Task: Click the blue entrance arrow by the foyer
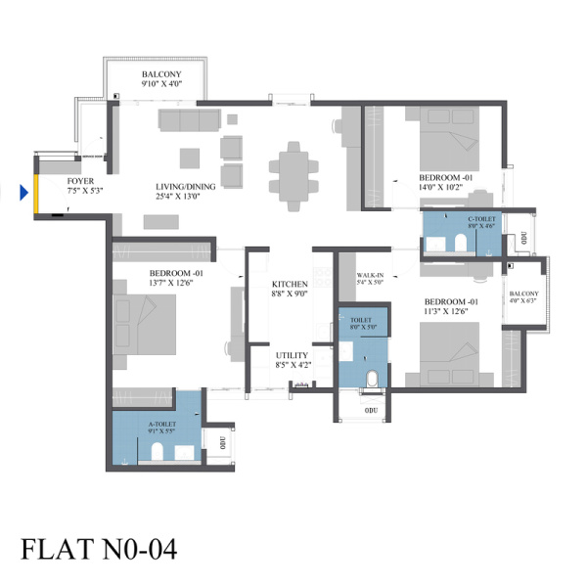click(x=23, y=193)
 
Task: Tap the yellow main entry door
click(x=36, y=194)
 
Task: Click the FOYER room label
click(x=80, y=181)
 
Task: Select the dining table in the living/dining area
click(x=293, y=176)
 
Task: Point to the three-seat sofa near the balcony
click(x=190, y=120)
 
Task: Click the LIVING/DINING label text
click(x=186, y=187)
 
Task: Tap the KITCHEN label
click(x=290, y=284)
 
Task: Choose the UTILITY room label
click(x=292, y=355)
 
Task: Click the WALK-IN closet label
click(x=370, y=275)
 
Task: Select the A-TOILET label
click(x=162, y=425)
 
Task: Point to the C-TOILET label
click(x=481, y=219)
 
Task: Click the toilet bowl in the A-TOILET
click(x=158, y=451)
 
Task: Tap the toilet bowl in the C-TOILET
click(x=461, y=244)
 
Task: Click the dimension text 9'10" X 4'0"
click(x=161, y=84)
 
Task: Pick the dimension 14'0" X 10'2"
click(x=441, y=187)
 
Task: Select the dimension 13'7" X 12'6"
click(x=171, y=283)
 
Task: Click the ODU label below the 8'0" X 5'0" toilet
click(x=371, y=411)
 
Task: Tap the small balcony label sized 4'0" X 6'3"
click(x=523, y=293)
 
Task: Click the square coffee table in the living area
click(x=190, y=158)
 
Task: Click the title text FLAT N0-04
click(x=99, y=549)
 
